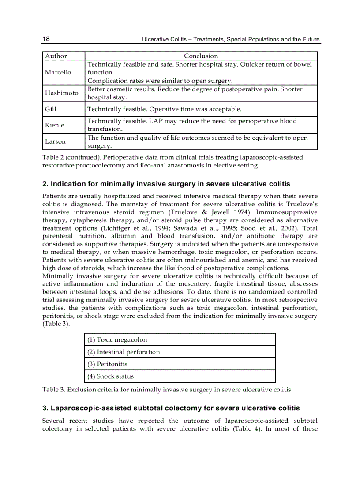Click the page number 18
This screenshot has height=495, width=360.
coord(46,39)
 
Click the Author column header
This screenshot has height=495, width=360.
coord(56,56)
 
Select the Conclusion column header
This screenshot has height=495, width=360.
coord(201,56)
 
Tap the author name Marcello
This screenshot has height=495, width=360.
coord(58,72)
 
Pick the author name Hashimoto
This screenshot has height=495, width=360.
coord(61,93)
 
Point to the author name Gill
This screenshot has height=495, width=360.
coord(50,109)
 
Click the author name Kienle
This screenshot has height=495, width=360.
coord(54,125)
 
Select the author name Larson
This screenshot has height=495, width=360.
coord(55,141)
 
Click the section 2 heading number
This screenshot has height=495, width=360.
coord(45,184)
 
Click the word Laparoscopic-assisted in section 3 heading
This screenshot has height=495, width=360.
coord(84,408)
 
